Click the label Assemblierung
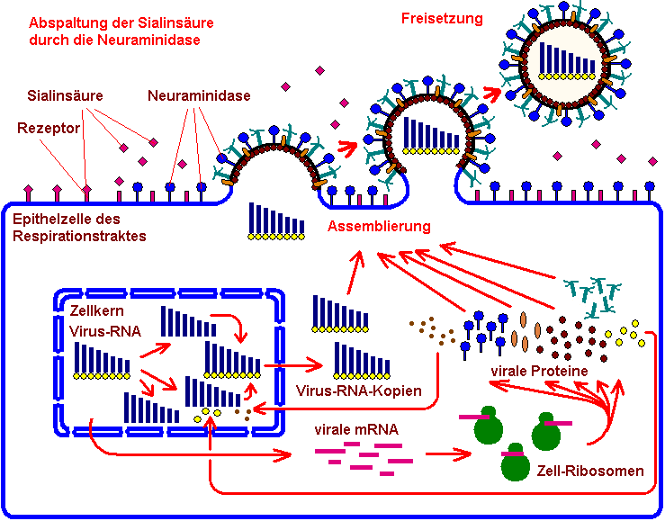point(379,227)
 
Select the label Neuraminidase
point(199,95)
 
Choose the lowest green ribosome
point(516,462)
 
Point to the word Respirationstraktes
point(78,236)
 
